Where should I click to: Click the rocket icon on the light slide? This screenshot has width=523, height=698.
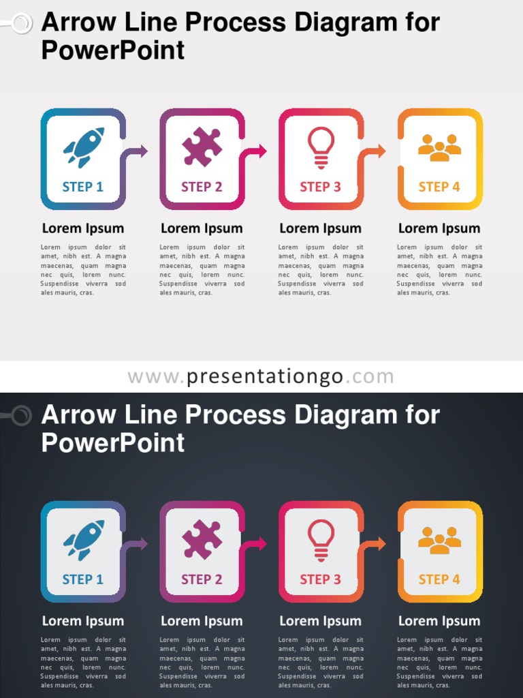84,147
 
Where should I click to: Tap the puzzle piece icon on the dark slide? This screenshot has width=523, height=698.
202,540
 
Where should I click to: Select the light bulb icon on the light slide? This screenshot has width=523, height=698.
321,147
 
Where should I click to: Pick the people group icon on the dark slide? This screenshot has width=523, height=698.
439,540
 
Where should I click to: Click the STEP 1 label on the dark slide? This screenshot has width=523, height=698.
83,579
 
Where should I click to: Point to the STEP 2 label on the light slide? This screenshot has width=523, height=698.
202,187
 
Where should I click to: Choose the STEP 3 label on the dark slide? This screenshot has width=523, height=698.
320,579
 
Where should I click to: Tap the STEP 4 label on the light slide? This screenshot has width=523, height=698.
439,187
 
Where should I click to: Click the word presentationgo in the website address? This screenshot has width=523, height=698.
265,377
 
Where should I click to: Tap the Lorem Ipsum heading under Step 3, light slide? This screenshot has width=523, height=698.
320,228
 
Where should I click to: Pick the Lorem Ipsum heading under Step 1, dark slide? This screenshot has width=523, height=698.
83,621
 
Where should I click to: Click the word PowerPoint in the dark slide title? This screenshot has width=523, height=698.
113,443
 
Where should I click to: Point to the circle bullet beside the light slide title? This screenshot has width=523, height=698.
22,24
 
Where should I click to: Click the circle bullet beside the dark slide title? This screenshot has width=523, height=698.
22,416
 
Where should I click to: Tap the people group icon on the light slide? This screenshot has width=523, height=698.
439,147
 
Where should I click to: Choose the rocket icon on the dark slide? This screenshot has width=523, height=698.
84,539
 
